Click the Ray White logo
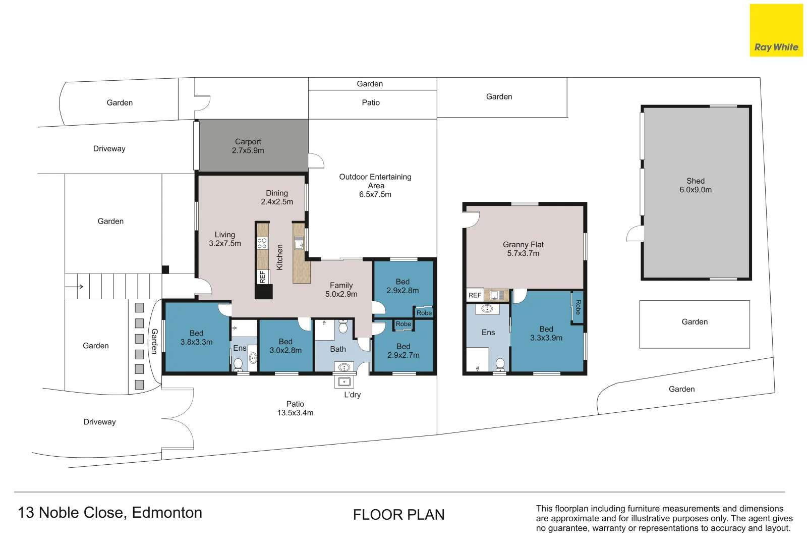776,30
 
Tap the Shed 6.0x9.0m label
696,185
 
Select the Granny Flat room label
523,249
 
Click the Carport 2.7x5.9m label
248,146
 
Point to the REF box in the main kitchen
262,277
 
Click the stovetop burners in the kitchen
262,243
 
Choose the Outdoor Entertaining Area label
375,185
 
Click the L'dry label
352,395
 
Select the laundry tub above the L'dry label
344,381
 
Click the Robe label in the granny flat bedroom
578,307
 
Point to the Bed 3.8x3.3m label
196,338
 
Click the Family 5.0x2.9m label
341,290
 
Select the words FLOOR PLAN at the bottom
399,515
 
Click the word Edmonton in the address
167,513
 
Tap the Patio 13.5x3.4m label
295,408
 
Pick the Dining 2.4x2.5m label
277,197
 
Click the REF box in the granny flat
475,295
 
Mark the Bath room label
338,349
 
